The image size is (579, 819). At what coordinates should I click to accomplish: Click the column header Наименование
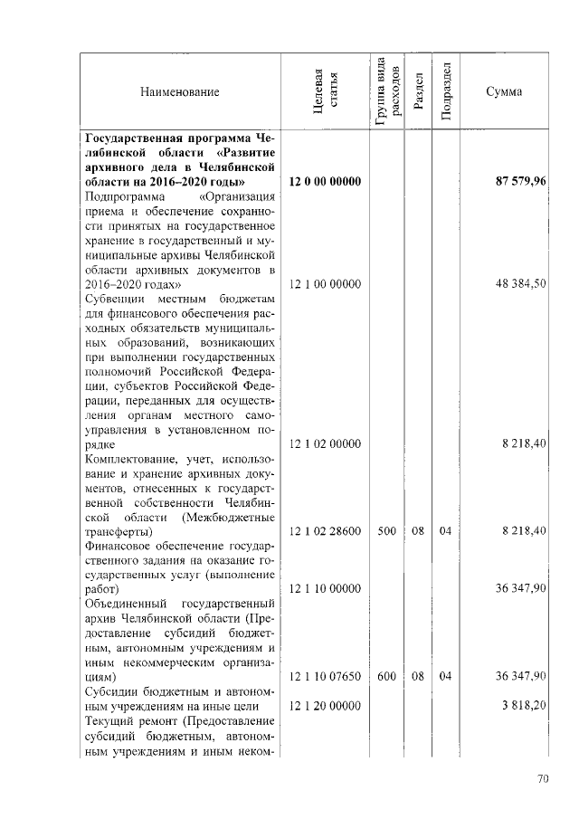(x=179, y=92)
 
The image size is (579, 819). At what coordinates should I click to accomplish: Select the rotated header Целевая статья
(x=325, y=92)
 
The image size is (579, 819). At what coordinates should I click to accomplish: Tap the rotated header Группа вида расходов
(x=386, y=91)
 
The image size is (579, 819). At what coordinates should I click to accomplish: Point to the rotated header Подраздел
(x=445, y=91)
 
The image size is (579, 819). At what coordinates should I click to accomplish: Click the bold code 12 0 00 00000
(x=325, y=182)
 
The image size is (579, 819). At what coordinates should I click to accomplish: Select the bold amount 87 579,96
(x=520, y=182)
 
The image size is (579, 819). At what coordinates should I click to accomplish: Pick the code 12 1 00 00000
(x=325, y=284)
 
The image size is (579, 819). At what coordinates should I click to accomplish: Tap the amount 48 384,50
(x=520, y=284)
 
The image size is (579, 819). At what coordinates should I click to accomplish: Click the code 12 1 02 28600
(x=325, y=531)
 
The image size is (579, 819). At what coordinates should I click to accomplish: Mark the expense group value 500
(x=386, y=531)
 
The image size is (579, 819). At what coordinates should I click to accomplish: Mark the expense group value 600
(x=386, y=676)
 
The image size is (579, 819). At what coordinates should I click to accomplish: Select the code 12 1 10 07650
(x=325, y=676)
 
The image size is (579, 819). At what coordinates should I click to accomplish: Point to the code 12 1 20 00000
(x=325, y=706)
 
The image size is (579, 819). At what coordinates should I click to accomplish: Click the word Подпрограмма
(x=125, y=196)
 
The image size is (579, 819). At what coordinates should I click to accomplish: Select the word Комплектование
(x=130, y=459)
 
